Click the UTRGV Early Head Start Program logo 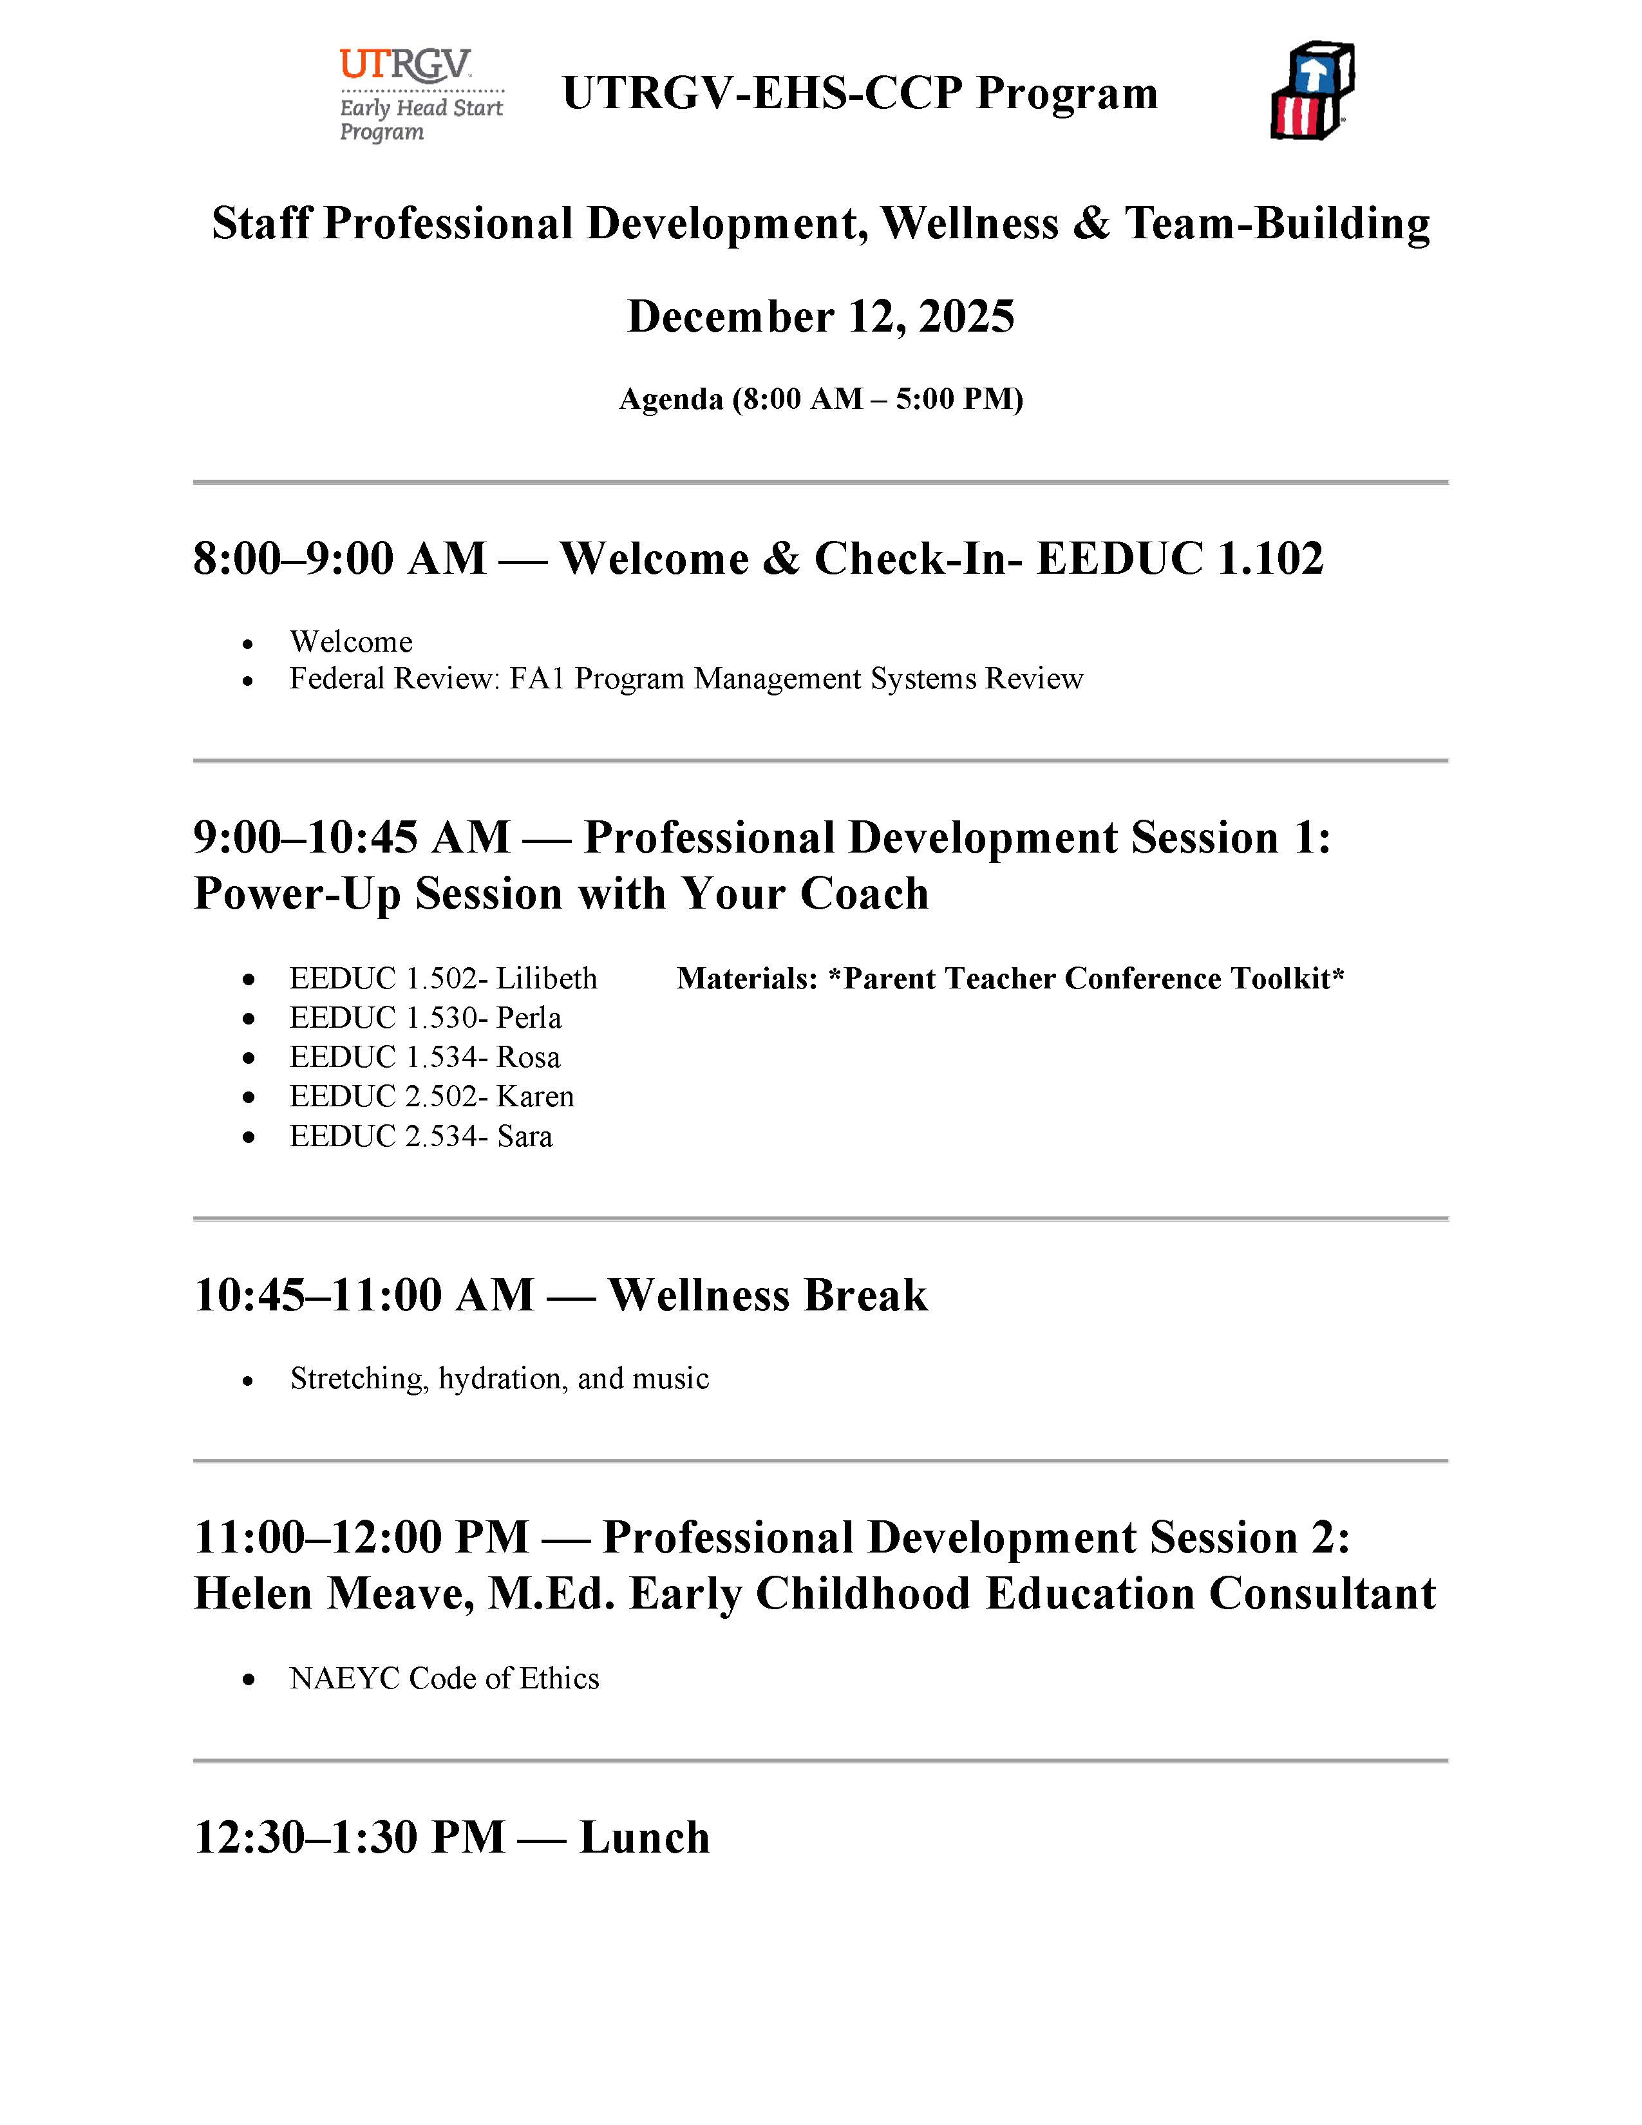coord(420,95)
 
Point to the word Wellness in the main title coord(969,224)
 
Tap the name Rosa coord(528,1057)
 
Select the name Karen coord(535,1097)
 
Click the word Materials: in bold coord(747,979)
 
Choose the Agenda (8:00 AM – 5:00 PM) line coord(821,399)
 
